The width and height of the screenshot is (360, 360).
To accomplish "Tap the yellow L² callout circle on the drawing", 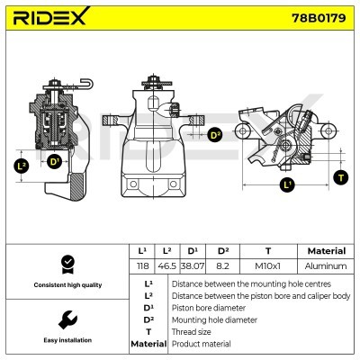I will point(22,166).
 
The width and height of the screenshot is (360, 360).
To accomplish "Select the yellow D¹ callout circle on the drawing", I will point(54,162).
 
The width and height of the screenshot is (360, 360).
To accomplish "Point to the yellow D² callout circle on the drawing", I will point(214,135).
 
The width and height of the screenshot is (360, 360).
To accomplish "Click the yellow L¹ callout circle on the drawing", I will point(287,187).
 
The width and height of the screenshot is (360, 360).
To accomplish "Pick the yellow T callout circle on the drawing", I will point(340,177).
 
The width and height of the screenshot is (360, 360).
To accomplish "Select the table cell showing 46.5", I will point(166,267).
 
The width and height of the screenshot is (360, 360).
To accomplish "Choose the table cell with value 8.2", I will point(222,267).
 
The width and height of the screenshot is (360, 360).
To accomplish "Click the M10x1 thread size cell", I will point(267,267).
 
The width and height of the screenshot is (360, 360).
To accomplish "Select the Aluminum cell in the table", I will point(326,267).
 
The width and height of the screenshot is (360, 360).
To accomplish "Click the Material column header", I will point(326,251).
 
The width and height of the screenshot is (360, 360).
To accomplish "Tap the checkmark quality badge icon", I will point(66,265).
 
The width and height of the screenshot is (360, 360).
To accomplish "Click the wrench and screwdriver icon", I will point(66,319).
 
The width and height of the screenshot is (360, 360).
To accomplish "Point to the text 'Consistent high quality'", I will point(67,284).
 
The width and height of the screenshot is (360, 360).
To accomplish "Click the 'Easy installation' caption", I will point(67,341).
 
